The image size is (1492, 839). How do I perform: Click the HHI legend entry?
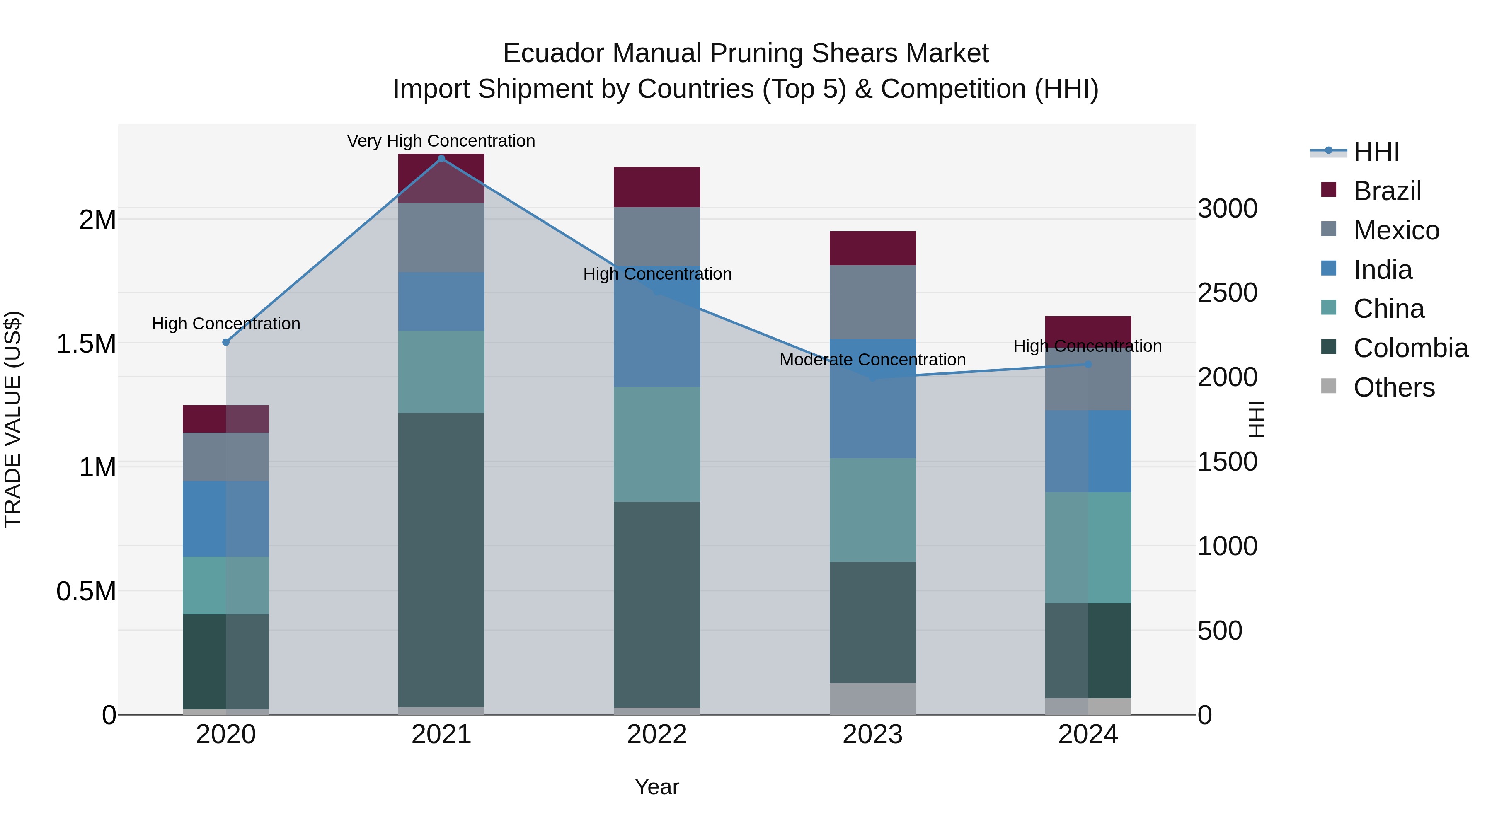coord(1376,152)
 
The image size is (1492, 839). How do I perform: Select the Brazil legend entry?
coord(1387,191)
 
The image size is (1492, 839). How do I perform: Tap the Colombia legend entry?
coord(1410,348)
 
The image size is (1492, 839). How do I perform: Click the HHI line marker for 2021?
coord(441,159)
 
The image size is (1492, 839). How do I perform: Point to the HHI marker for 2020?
coord(226,342)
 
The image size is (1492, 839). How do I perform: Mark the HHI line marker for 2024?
coord(1088,364)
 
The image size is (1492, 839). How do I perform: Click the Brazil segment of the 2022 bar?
coord(657,187)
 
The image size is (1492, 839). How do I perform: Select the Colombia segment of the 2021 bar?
coord(441,559)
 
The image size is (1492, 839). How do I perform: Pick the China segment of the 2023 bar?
coord(872,510)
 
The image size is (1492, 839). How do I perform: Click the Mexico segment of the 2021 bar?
coord(441,237)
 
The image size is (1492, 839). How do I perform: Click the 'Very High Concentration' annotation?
coord(441,141)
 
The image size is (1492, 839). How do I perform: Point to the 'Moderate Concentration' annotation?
coord(872,360)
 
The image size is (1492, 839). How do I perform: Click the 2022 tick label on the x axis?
coord(657,735)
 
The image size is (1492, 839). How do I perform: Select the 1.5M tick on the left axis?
coord(86,344)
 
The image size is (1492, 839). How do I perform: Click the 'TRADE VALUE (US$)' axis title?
coord(13,419)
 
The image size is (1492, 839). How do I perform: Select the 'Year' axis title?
coord(657,787)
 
